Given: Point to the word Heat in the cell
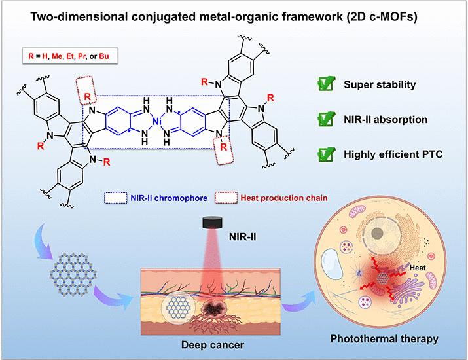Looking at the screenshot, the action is coord(418,268).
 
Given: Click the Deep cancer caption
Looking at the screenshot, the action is coord(213,345).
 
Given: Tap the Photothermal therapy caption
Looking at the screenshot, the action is coord(384,339).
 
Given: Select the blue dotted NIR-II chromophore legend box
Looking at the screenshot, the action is coord(116,198).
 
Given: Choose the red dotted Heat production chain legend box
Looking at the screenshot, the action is coord(226,198).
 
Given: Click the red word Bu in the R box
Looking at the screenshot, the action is coord(104,56).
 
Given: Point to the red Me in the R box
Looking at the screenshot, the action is coord(57,56).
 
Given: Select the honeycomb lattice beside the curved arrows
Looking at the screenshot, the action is coord(73,274).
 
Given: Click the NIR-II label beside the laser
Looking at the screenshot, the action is coord(242,237).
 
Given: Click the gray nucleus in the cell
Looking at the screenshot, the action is coord(377,233).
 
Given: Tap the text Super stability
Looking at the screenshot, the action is coord(380,84).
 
